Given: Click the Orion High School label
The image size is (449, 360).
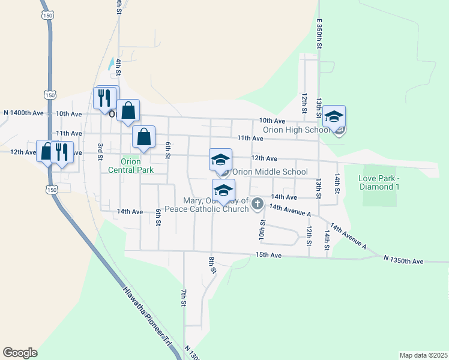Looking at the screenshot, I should [x=295, y=130].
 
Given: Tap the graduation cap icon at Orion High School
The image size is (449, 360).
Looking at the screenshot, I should [x=334, y=116].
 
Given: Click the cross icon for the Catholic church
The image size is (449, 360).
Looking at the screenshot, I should [x=258, y=204].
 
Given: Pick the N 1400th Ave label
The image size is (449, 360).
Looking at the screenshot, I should [x=23, y=113].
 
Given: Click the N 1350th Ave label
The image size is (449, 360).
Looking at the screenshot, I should [x=404, y=262].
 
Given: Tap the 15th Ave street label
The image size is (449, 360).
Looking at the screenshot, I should [x=268, y=255].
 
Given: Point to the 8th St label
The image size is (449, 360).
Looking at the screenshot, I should [x=212, y=265].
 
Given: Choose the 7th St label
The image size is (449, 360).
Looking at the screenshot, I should [x=184, y=298].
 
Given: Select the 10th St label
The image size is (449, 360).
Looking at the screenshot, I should [x=262, y=229].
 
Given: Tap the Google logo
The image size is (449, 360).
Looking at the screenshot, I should [x=20, y=353].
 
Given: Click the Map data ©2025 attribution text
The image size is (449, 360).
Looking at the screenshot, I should [x=423, y=355].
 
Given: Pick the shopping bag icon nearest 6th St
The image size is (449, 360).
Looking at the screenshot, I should [x=144, y=137].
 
